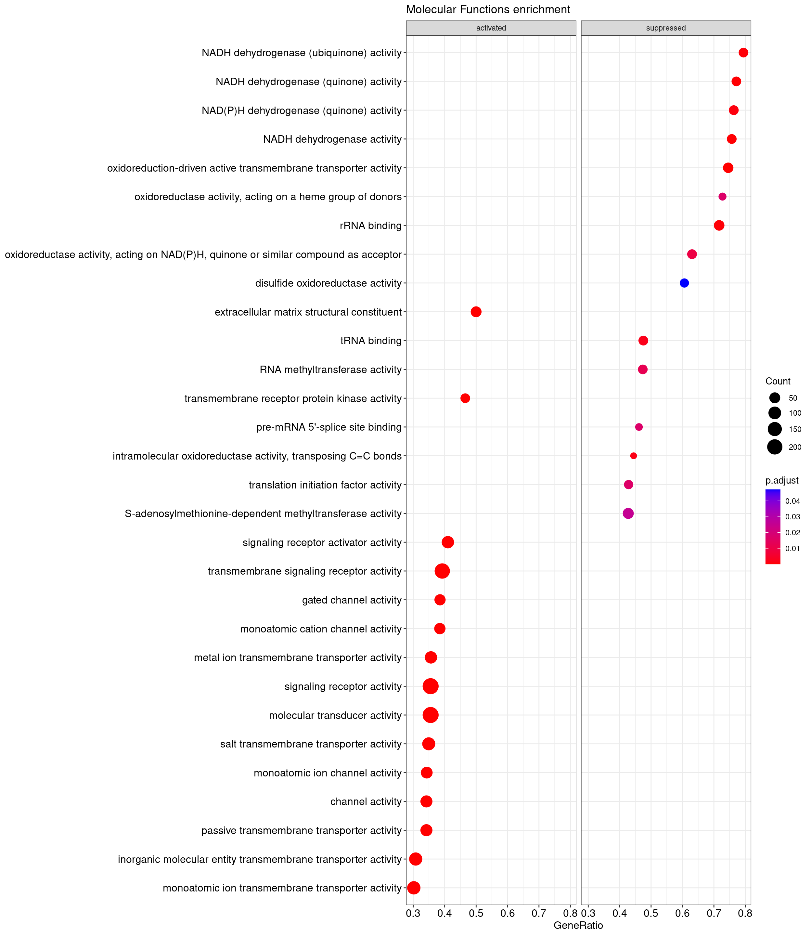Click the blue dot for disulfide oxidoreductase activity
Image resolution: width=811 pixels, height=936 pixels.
[684, 283]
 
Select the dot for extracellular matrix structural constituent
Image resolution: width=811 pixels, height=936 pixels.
[476, 312]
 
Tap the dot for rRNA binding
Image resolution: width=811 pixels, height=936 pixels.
[719, 226]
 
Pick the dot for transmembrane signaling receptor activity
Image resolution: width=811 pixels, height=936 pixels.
[442, 571]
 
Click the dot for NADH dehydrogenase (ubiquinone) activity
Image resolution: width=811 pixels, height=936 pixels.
[743, 53]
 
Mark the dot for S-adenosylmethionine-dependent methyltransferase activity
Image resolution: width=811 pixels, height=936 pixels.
[628, 513]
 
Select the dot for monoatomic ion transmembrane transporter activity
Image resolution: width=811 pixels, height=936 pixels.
[414, 888]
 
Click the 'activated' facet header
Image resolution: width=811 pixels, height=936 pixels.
[491, 28]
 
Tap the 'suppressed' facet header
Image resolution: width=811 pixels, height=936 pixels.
[666, 28]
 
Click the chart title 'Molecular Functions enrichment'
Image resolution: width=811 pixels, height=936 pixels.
[488, 9]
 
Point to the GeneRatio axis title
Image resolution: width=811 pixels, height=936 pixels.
[578, 925]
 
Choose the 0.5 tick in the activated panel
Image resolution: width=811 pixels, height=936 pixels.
[476, 913]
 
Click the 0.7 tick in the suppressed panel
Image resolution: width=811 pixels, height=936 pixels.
[714, 913]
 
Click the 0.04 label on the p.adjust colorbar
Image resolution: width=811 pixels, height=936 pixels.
[792, 501]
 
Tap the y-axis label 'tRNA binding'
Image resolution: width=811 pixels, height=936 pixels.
[371, 341]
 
